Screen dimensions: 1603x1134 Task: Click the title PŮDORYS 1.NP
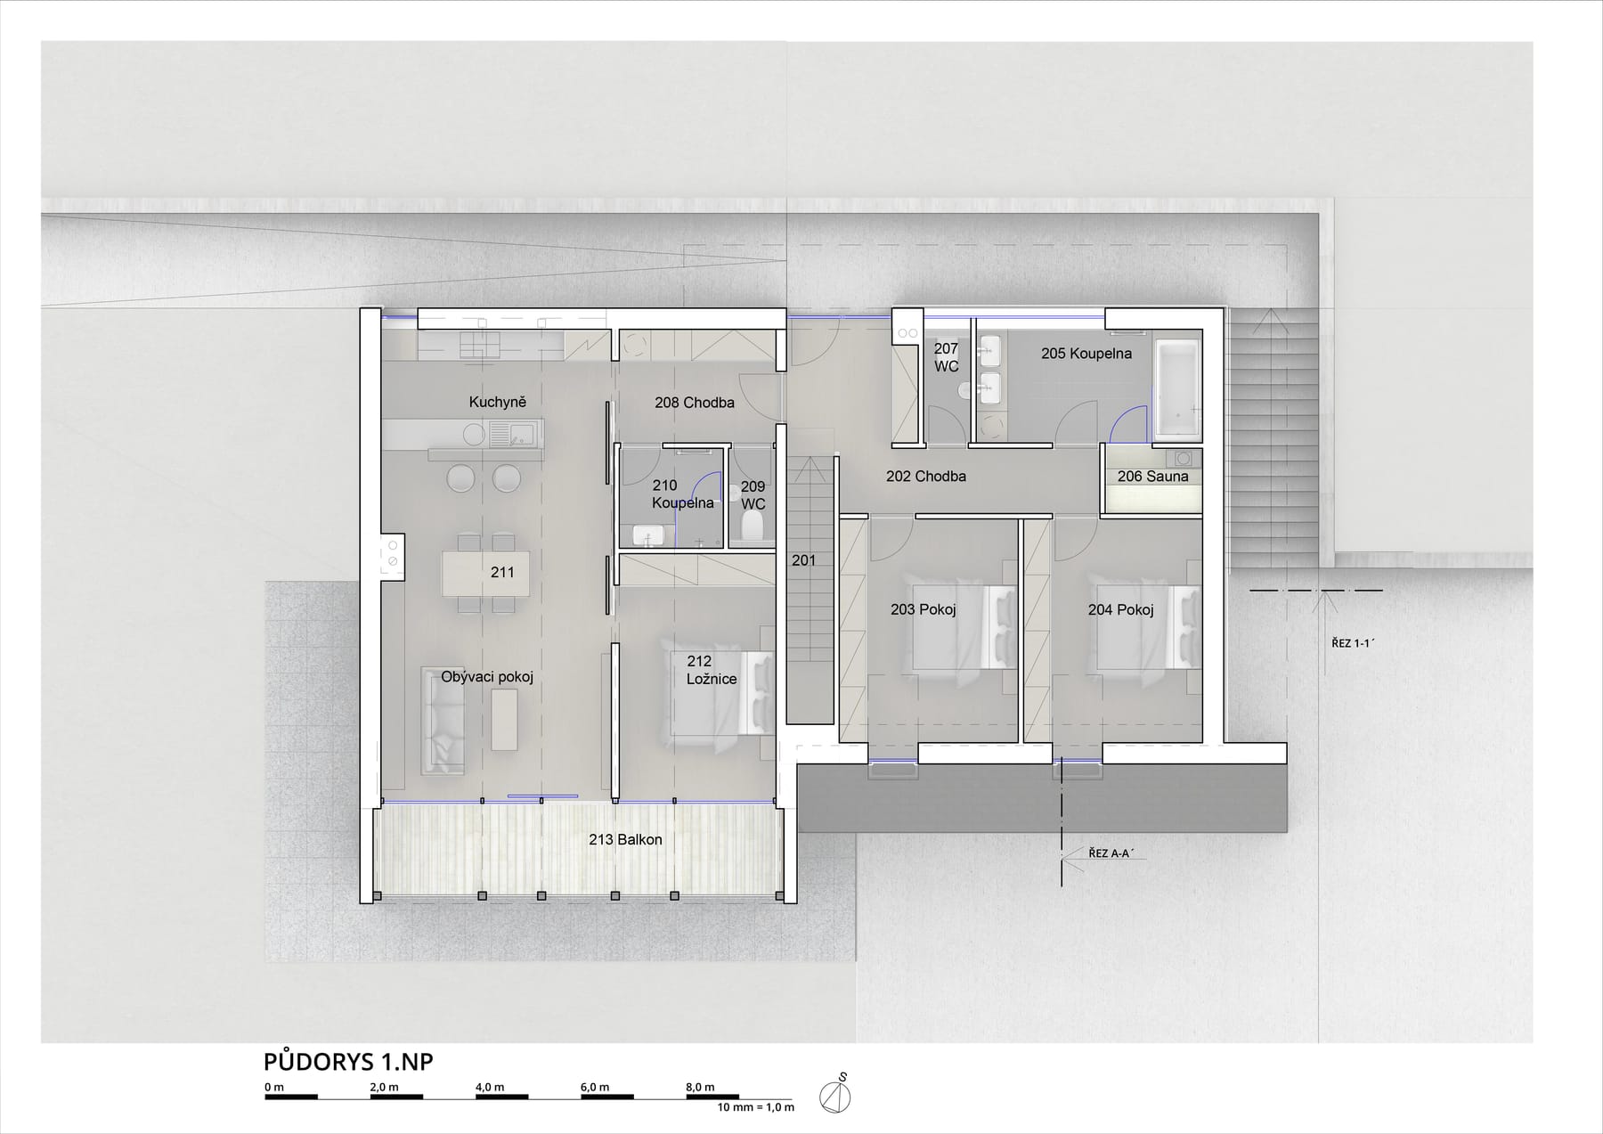point(348,1062)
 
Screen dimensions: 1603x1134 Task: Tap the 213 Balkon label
point(625,839)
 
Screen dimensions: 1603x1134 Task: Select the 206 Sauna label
point(1152,477)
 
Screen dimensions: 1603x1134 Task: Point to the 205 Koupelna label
point(1086,354)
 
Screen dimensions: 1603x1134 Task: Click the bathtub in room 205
point(1176,389)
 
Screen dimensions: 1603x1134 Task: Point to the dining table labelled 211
point(486,574)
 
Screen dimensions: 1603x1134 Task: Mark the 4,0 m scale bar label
point(489,1087)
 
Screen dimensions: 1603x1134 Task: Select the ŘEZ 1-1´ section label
point(1354,641)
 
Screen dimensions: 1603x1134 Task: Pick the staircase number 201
point(803,560)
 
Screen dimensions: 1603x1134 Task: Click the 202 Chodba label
point(926,477)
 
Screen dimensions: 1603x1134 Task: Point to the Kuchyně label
point(498,402)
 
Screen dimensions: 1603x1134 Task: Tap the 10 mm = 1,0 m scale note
point(756,1107)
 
